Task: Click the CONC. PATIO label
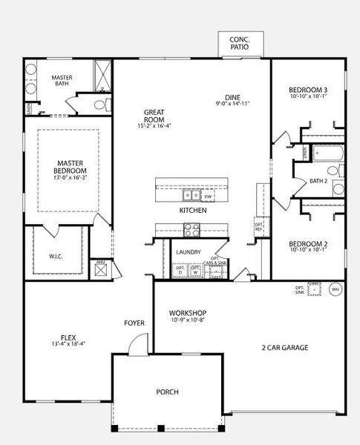239,42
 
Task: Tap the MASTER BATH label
61,81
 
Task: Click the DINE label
233,97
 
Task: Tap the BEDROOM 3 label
308,90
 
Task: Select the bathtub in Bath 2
327,154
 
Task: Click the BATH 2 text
318,181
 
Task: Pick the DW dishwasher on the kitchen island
208,197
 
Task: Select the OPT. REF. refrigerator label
258,225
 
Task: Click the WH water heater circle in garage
334,289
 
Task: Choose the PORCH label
167,392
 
